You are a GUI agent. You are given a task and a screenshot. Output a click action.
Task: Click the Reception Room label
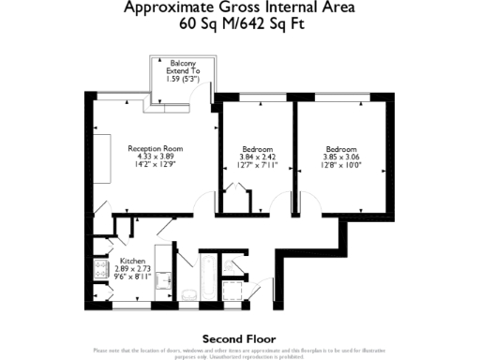[x=155, y=149]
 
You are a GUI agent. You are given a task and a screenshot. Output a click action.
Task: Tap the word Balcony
[x=183, y=63]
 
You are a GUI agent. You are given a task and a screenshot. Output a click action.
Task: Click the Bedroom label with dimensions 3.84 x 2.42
[x=257, y=150]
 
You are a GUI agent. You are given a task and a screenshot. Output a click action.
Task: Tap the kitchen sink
[x=161, y=281]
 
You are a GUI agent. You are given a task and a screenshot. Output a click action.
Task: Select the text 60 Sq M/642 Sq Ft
[x=240, y=25]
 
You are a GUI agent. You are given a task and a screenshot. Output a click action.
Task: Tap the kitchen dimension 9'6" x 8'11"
[x=132, y=277]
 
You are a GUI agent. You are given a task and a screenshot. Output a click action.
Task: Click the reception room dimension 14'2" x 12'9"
[x=155, y=165]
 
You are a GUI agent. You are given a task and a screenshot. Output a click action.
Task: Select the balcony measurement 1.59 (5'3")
[x=183, y=79]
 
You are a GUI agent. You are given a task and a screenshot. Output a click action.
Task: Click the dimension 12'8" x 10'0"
[x=340, y=165]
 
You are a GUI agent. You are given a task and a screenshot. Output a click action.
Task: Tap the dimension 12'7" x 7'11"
[x=257, y=165]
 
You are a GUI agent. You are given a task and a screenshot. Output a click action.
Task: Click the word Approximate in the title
[x=172, y=7]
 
